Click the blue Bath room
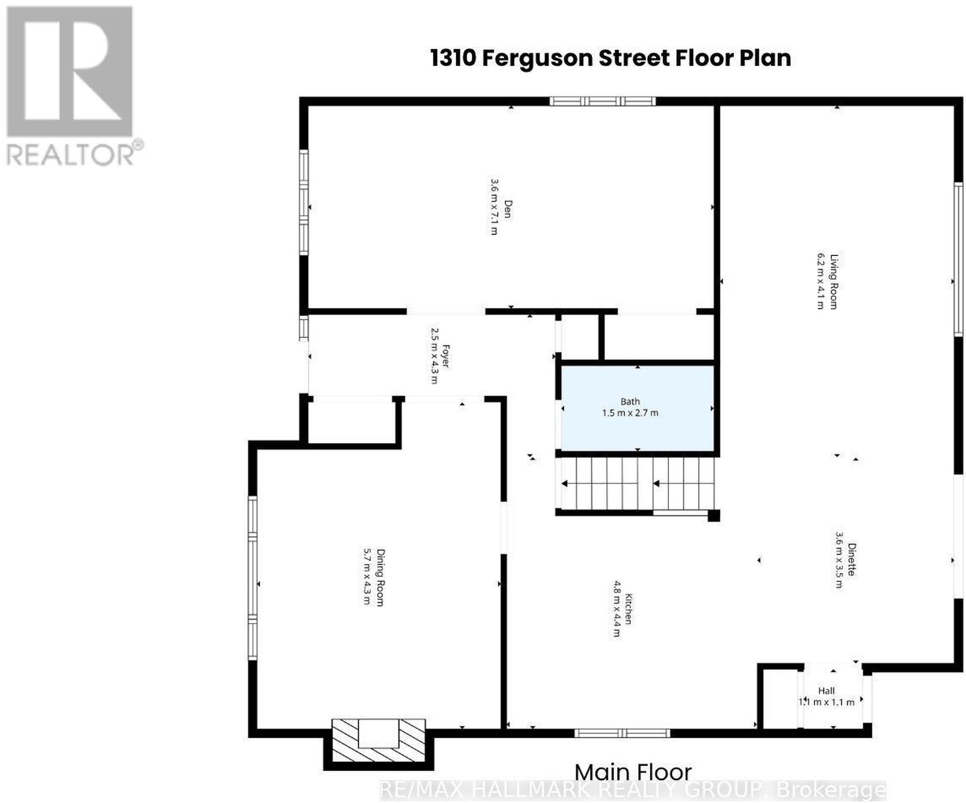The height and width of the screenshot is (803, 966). tap(638, 408)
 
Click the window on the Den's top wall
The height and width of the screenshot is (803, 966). tap(603, 101)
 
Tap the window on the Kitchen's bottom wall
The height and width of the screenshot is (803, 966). tap(622, 733)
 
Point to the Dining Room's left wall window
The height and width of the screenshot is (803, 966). tap(252, 578)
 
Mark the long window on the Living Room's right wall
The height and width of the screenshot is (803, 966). tap(958, 259)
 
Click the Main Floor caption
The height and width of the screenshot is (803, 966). tap(633, 772)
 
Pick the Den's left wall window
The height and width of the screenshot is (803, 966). tap(304, 202)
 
